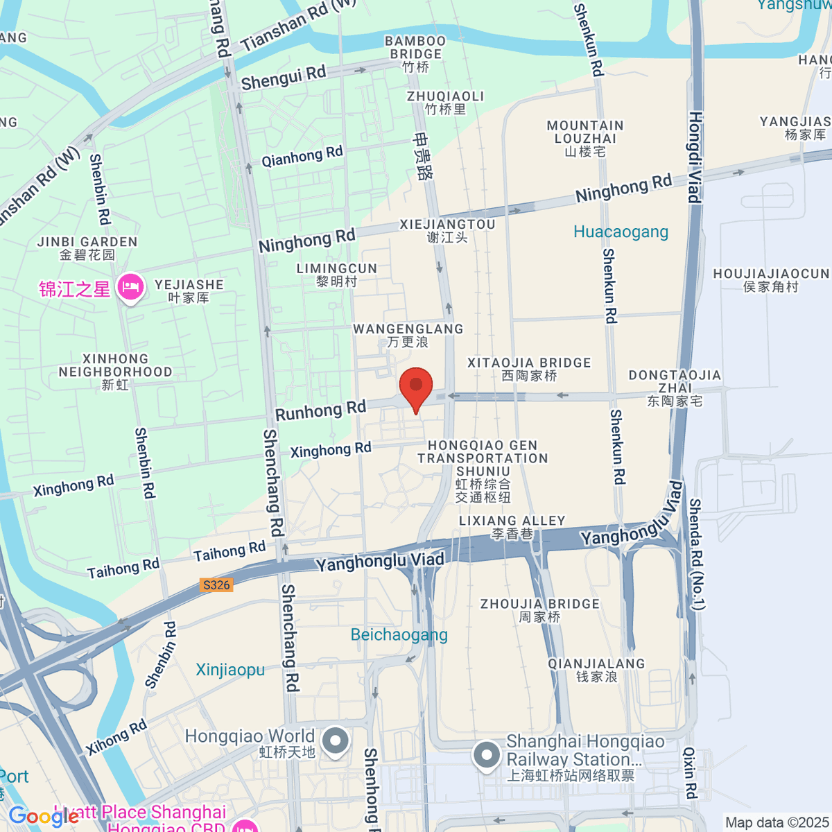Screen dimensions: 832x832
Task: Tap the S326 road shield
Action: coord(216,584)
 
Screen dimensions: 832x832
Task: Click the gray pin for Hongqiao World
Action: coord(336,741)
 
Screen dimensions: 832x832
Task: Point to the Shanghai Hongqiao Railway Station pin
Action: coord(486,756)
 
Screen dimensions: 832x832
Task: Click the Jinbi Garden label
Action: coord(87,248)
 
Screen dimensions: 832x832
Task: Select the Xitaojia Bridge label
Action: coord(529,369)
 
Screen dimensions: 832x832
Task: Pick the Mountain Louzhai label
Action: coord(585,138)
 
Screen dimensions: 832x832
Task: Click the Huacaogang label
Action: coord(621,232)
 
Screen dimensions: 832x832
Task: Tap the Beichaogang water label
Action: coord(399,634)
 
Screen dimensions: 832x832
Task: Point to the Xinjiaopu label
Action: coord(230,670)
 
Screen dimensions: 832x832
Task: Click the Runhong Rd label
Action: coord(320,410)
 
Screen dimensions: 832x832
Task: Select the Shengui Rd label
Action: coord(283,78)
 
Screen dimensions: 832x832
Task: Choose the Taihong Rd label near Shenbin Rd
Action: coord(123,569)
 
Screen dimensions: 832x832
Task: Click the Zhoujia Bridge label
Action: coord(539,610)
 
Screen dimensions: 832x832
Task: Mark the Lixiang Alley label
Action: coord(512,527)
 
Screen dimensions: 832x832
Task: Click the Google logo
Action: coord(43,817)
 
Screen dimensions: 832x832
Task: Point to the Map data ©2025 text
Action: coord(777,822)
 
